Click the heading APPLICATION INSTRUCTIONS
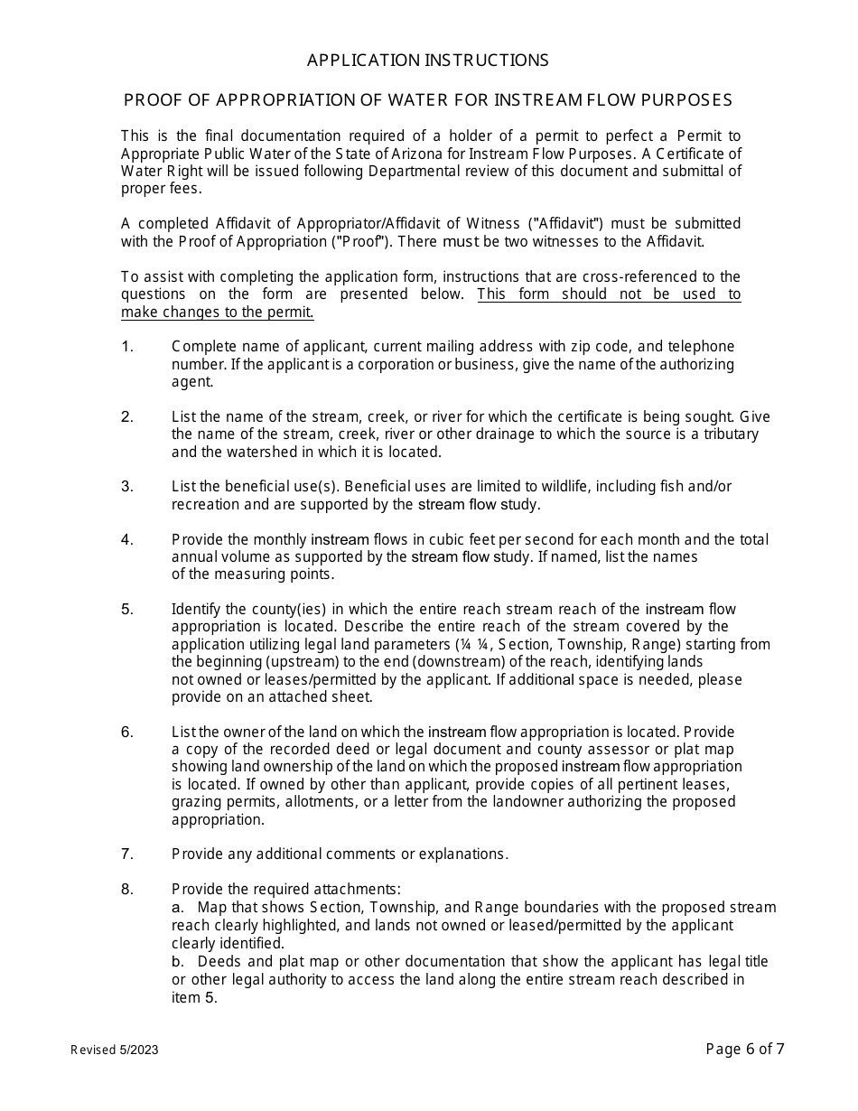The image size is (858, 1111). click(427, 61)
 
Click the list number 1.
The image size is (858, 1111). click(126, 347)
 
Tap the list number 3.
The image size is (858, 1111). click(126, 487)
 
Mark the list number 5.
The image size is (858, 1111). click(126, 610)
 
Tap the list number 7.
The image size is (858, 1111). click(126, 854)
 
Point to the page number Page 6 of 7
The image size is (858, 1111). click(745, 1049)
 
